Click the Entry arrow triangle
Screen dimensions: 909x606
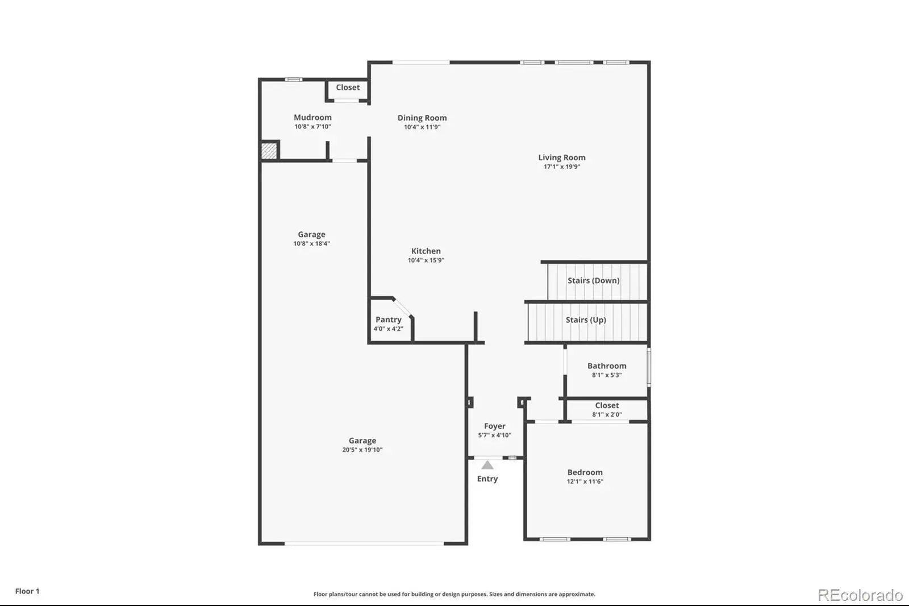(487, 464)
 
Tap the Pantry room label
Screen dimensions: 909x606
(389, 319)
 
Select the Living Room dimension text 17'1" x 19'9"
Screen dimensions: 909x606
(562, 167)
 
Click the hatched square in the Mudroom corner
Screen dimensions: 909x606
(269, 151)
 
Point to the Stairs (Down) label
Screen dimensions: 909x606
(593, 281)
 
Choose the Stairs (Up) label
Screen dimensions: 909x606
(586, 320)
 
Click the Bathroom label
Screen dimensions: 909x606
(607, 366)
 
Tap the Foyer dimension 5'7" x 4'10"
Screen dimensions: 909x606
(495, 435)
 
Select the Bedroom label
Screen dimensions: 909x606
(585, 472)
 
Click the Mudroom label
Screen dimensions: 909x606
(312, 117)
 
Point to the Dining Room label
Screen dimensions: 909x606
(422, 118)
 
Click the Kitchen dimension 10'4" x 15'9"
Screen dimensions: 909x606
(426, 260)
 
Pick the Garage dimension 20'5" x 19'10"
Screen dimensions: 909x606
(362, 450)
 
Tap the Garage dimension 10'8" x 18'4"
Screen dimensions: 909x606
(312, 244)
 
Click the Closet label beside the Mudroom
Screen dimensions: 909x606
(348, 88)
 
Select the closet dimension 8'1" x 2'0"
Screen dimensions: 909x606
(607, 414)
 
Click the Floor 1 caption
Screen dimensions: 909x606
(27, 591)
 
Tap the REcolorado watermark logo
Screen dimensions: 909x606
(860, 595)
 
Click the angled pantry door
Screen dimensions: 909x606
(403, 307)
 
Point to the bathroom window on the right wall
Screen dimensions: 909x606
(649, 367)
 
